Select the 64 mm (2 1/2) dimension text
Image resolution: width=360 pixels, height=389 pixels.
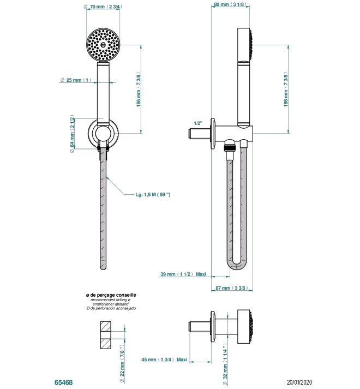tap(73, 134)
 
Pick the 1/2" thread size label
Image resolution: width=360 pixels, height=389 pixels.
tap(199, 123)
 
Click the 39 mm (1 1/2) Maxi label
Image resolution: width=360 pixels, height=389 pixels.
tap(183, 274)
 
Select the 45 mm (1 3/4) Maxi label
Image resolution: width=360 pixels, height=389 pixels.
tap(164, 360)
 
